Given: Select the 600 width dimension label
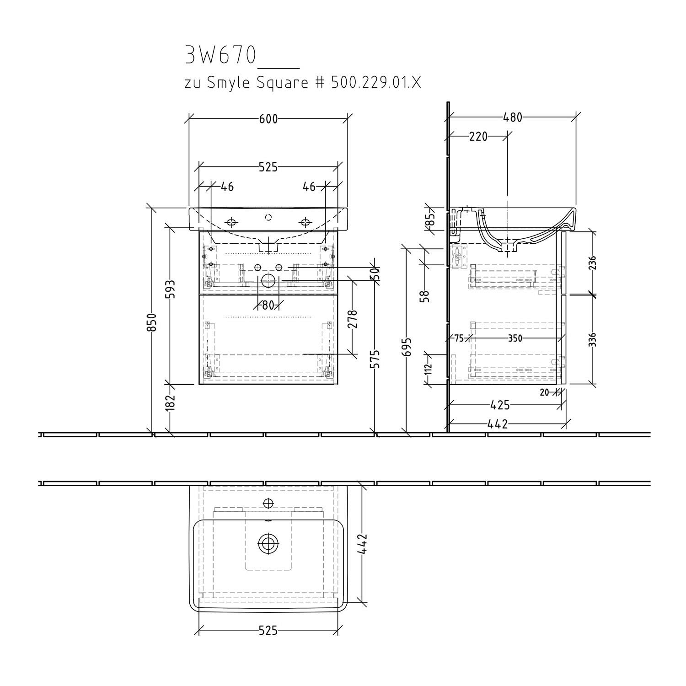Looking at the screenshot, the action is click(268, 118).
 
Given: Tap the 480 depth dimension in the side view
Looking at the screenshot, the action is click(513, 118).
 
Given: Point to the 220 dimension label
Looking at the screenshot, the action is click(478, 136).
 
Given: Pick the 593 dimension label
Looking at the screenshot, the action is click(172, 289).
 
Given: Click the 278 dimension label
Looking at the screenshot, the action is click(352, 320).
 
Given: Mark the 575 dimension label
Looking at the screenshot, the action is click(376, 360).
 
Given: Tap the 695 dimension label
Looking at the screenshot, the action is click(408, 347).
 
